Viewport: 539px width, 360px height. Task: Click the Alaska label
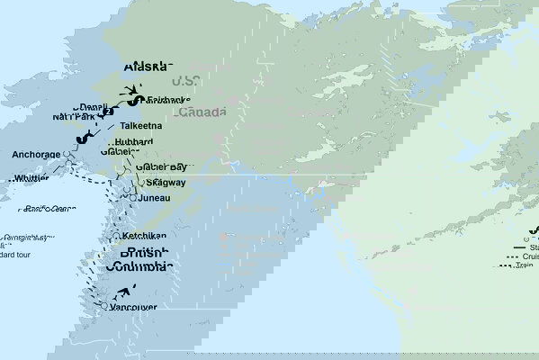145,66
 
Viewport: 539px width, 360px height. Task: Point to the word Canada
202,112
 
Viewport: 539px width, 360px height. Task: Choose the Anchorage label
36,155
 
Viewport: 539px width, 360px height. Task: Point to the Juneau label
156,198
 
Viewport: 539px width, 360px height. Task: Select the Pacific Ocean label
50,209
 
